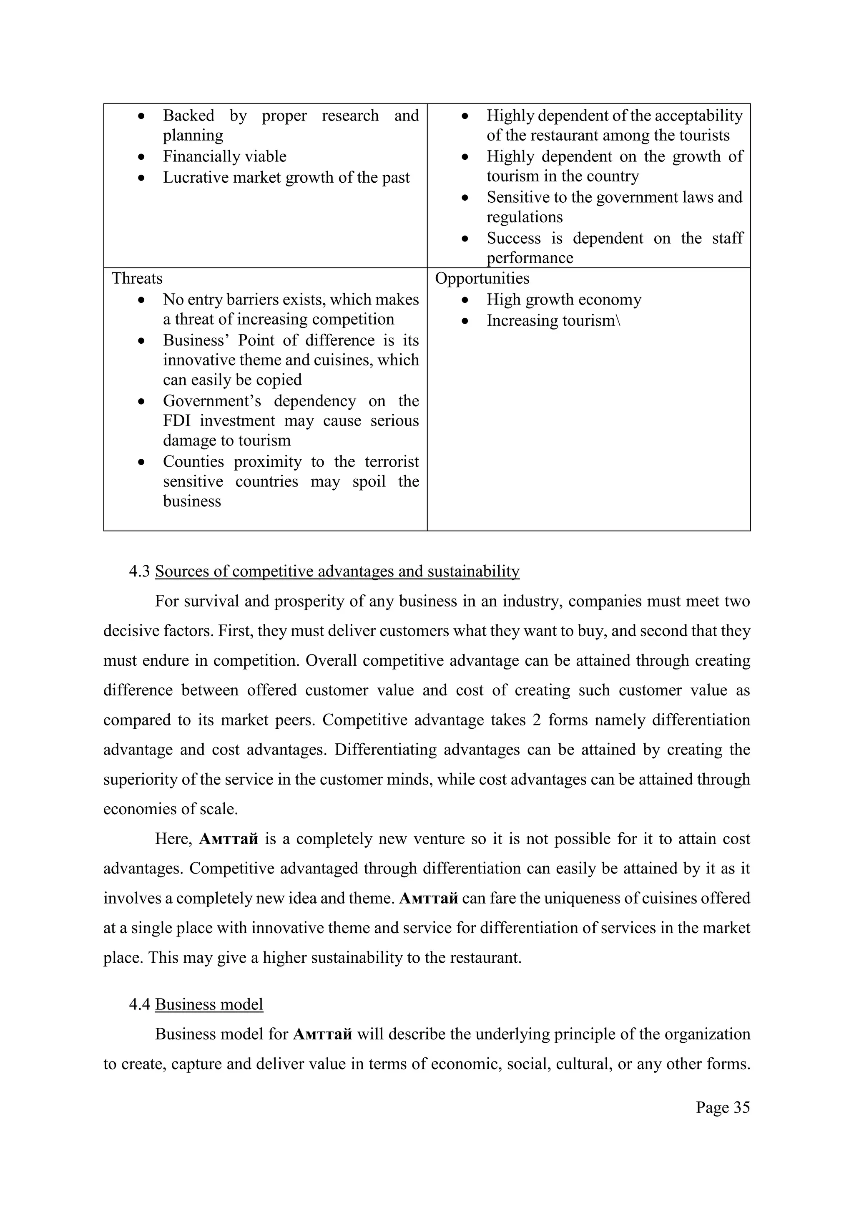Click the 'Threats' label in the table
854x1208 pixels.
coord(137,278)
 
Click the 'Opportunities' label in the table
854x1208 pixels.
coord(482,278)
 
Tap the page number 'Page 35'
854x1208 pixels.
coord(723,1107)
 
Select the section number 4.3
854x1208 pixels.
coord(140,571)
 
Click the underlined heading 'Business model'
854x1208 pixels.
coord(209,1004)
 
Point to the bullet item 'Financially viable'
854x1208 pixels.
coord(224,157)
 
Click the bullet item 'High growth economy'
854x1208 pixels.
coord(564,300)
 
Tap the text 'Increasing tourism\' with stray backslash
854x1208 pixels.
coord(553,321)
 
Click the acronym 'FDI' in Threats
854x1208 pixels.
coord(177,421)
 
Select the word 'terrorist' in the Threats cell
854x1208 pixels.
coord(392,462)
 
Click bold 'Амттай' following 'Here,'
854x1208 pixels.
coord(229,839)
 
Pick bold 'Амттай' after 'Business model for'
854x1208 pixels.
coord(322,1034)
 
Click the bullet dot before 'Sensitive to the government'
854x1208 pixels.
coord(465,198)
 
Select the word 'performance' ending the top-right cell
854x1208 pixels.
coord(530,258)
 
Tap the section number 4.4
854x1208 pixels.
coord(140,1004)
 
